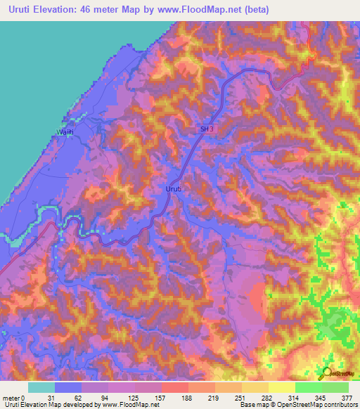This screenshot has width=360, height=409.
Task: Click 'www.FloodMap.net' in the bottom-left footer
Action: pos(132,404)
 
